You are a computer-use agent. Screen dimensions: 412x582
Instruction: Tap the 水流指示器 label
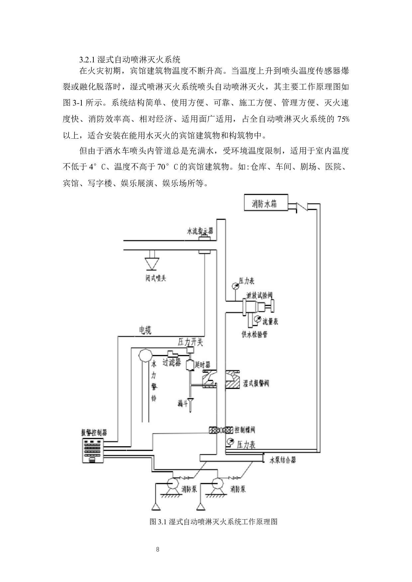tap(200, 231)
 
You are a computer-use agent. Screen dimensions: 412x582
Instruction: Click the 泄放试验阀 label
tap(259, 295)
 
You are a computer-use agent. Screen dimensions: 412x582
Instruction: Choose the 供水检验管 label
tap(255, 334)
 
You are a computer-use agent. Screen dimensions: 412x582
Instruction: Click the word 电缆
tap(145, 330)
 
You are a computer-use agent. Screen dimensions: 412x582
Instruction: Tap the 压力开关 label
tap(190, 342)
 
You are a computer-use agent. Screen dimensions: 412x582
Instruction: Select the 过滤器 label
tap(171, 362)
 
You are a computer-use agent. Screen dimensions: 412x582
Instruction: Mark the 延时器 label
tap(202, 365)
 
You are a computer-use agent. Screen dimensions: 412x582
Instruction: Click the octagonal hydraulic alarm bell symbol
tap(145, 355)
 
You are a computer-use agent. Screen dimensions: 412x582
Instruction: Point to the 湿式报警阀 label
tap(256, 384)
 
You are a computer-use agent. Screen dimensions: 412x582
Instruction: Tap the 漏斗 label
tap(183, 404)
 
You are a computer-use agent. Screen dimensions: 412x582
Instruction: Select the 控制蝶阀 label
tap(245, 430)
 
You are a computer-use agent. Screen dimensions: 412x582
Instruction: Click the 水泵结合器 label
tap(282, 460)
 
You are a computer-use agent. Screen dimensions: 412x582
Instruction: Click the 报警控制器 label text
tap(94, 432)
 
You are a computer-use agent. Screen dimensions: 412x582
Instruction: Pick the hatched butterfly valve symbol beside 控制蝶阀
tap(220, 430)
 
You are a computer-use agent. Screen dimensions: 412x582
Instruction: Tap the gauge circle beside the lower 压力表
tap(230, 442)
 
